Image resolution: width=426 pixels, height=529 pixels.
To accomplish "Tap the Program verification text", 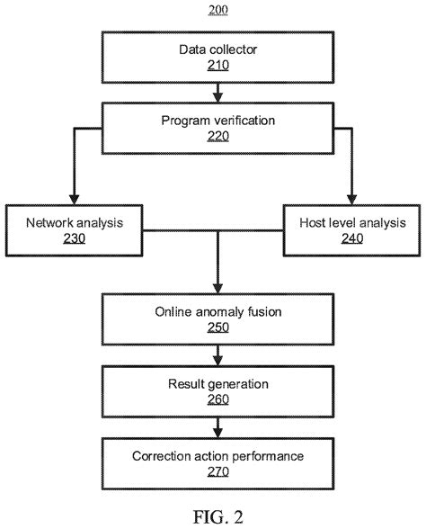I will (x=217, y=119).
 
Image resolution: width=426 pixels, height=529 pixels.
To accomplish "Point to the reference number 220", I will (x=217, y=137).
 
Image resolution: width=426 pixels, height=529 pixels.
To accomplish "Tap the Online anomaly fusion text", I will (x=217, y=311).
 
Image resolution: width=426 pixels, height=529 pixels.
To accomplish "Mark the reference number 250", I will (x=217, y=329).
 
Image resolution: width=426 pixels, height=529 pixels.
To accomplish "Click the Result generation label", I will (x=217, y=384).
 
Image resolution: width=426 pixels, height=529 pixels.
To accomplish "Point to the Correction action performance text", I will (x=217, y=455).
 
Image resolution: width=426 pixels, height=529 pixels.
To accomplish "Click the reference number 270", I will (x=217, y=473).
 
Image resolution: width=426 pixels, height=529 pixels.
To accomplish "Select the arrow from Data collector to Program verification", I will (x=217, y=90).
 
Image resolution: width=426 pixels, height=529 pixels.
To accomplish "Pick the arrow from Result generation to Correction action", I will (x=217, y=427).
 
